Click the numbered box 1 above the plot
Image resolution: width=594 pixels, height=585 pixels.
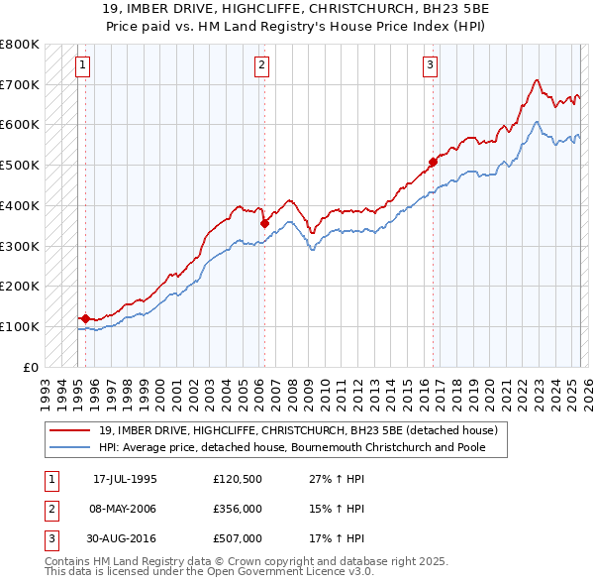pos(82,66)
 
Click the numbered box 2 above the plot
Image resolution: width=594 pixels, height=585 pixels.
pos(261,66)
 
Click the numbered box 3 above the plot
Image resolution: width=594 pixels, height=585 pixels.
pos(431,66)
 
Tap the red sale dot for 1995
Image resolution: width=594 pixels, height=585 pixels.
pos(86,318)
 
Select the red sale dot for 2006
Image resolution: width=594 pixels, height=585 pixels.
pos(264,223)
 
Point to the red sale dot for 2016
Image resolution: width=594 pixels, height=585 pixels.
pos(433,162)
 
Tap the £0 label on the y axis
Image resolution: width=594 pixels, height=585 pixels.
pos(31,367)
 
